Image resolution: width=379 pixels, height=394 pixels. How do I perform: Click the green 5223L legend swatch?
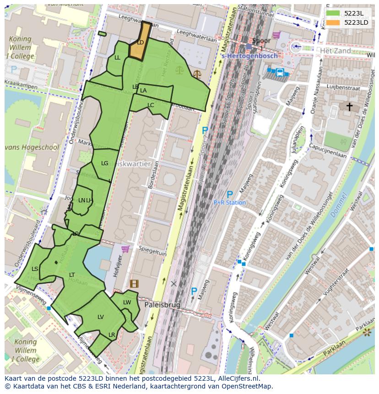(333, 13)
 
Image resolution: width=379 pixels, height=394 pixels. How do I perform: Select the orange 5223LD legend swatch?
(333, 22)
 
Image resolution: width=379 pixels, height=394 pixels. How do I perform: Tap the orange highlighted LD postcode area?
(140, 42)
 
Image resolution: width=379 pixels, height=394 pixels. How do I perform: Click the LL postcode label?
(117, 58)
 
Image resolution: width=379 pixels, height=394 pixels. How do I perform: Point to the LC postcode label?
(151, 105)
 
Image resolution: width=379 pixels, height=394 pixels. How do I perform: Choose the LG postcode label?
(105, 163)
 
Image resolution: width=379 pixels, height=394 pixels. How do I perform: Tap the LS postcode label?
(35, 269)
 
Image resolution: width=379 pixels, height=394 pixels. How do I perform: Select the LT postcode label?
(72, 275)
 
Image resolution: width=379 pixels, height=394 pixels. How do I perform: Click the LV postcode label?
(101, 317)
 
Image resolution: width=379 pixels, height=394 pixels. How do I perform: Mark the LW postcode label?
(127, 302)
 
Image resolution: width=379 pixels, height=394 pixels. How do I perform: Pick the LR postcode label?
(112, 335)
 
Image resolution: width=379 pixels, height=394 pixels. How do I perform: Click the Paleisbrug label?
(162, 304)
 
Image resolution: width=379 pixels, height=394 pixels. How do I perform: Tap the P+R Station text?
(230, 202)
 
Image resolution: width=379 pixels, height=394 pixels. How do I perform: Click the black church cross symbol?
(349, 107)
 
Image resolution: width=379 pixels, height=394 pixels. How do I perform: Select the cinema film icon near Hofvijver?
(134, 284)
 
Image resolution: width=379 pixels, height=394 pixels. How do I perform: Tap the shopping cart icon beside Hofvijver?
(125, 249)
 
